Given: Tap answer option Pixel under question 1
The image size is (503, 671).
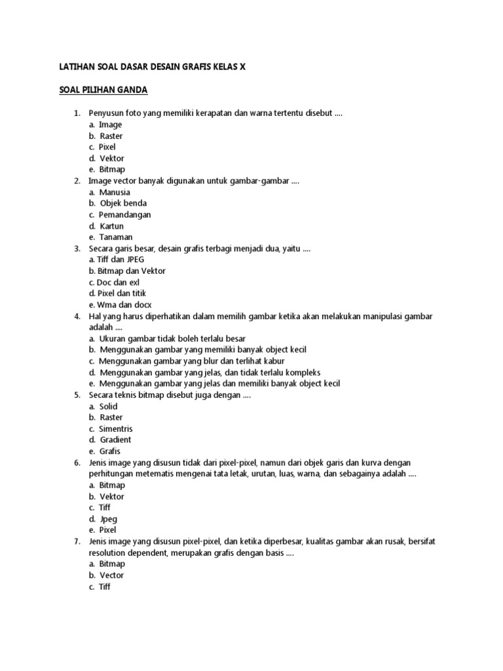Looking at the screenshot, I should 107,147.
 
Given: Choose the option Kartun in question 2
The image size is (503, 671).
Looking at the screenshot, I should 111,226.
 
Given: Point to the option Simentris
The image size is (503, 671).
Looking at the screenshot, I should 116,429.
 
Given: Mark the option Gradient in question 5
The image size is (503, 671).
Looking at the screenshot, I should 115,440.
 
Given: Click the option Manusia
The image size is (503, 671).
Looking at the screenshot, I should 115,192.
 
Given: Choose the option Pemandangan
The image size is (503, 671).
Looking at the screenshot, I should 125,214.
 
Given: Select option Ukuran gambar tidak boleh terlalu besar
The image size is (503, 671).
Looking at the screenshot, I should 172,339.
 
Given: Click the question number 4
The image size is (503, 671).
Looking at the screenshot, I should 77,316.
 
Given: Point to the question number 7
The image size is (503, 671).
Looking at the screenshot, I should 77,541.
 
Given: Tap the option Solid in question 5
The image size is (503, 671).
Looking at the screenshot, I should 108,406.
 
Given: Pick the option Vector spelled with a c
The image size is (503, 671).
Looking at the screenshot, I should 111,575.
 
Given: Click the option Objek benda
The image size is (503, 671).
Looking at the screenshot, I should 123,203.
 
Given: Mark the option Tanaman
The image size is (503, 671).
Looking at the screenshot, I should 115,237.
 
